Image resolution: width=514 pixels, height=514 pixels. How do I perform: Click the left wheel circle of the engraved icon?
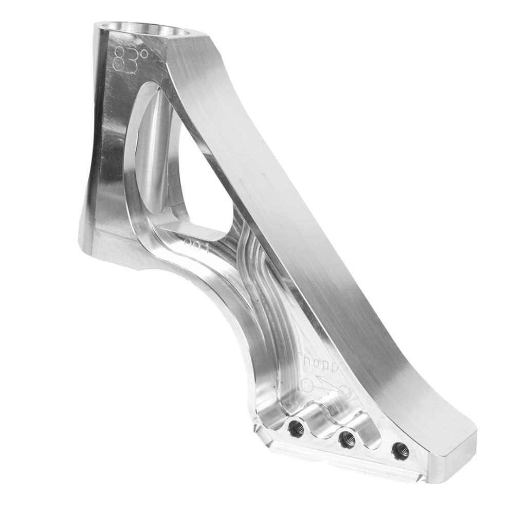tap(307, 385)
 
